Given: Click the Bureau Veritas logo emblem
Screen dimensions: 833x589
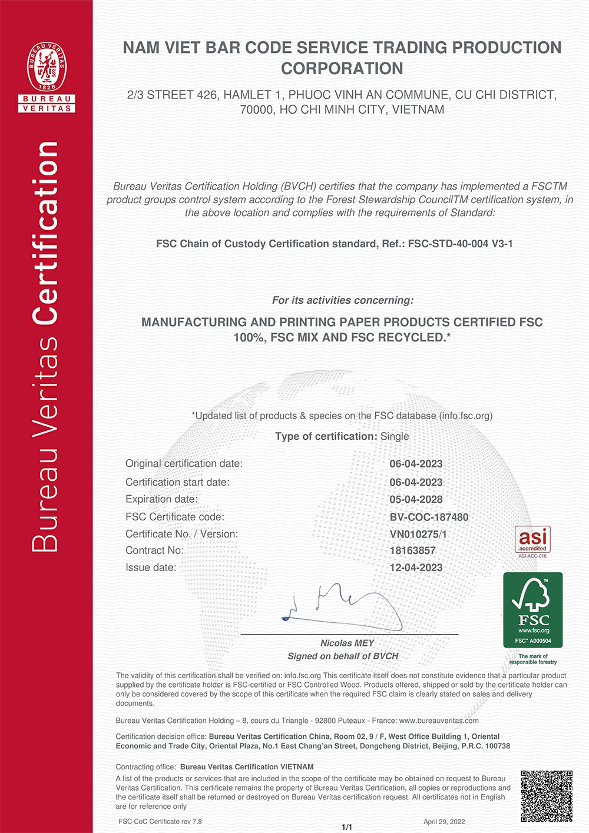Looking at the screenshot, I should [47, 68].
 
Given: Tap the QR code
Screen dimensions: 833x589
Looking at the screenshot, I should [547, 796].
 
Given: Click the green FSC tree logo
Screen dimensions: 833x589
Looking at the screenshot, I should [533, 610].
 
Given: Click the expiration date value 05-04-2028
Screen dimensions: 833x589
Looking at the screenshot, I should [416, 499].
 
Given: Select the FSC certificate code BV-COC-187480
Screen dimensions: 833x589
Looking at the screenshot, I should [429, 517].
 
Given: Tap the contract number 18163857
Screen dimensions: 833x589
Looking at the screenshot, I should [412, 550].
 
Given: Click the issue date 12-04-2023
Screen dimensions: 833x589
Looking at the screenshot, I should [416, 567].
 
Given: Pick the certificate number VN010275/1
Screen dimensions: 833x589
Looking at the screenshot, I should [418, 534].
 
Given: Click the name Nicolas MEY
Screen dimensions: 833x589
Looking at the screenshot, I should [347, 643].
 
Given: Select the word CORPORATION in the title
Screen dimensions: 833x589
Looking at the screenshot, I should [342, 68].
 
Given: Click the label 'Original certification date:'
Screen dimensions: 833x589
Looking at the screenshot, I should [184, 463].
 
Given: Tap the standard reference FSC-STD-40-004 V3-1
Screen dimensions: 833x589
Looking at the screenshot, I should [460, 244].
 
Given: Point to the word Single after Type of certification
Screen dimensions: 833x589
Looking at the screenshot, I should [395, 436].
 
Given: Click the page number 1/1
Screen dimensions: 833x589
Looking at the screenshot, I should [347, 827].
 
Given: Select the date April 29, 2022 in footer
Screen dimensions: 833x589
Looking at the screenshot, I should [444, 821].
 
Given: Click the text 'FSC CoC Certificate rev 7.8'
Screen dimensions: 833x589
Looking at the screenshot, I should [160, 821].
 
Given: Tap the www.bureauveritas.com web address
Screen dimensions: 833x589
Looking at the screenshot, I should [439, 721].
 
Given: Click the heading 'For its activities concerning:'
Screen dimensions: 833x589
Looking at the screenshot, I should [342, 300].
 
